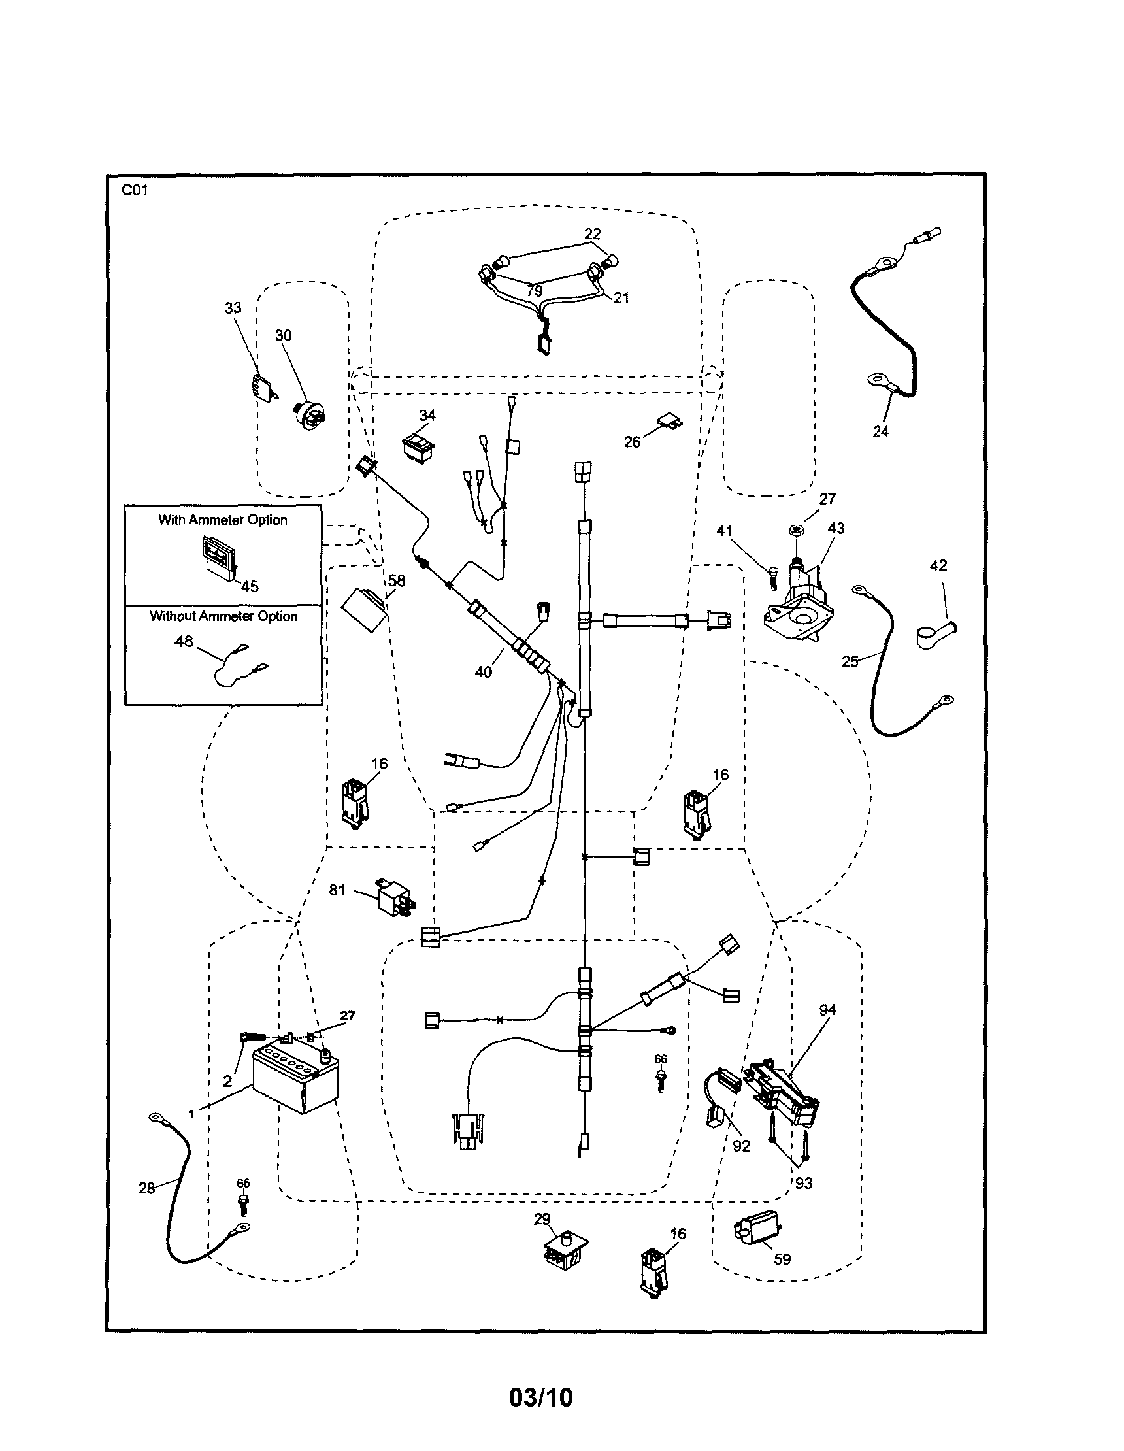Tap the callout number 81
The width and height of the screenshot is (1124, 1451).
337,890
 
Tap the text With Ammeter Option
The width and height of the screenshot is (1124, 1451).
223,520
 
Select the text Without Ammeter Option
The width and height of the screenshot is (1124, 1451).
223,616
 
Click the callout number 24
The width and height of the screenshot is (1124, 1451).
880,432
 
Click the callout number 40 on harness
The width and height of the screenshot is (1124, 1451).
484,672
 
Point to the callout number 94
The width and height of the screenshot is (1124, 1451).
827,1010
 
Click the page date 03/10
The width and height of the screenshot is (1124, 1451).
540,1397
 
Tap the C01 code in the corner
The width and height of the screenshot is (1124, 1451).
135,191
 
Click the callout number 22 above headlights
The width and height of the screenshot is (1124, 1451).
592,234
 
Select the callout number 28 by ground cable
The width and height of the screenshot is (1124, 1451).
147,1187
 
